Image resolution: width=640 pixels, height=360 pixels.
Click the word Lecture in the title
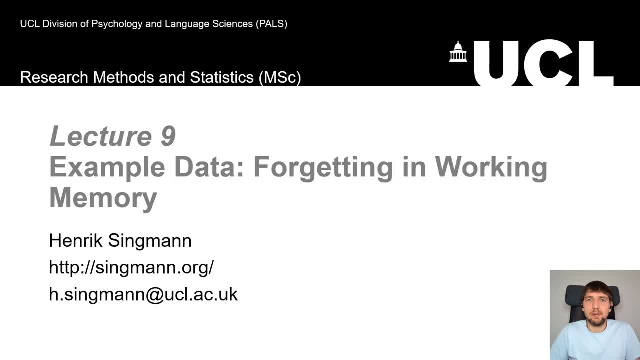pos(100,136)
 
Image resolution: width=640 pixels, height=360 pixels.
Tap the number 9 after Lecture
pos(168,136)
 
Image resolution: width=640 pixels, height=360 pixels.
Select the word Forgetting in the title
pos(323,167)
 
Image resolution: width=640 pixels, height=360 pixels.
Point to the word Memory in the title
pos(103,197)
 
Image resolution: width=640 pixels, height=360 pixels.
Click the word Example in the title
pos(107,167)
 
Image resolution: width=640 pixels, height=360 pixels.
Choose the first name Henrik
pos(76,241)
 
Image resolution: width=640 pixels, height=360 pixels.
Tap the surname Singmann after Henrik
pos(150,241)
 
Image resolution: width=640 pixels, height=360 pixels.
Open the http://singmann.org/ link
pos(131,268)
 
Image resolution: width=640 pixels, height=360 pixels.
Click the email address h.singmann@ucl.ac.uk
pos(143,294)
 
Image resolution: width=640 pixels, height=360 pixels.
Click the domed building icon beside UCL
pos(458,52)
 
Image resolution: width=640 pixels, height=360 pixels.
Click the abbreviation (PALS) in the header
pos(271,24)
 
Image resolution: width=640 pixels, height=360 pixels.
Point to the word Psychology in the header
pos(118,24)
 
